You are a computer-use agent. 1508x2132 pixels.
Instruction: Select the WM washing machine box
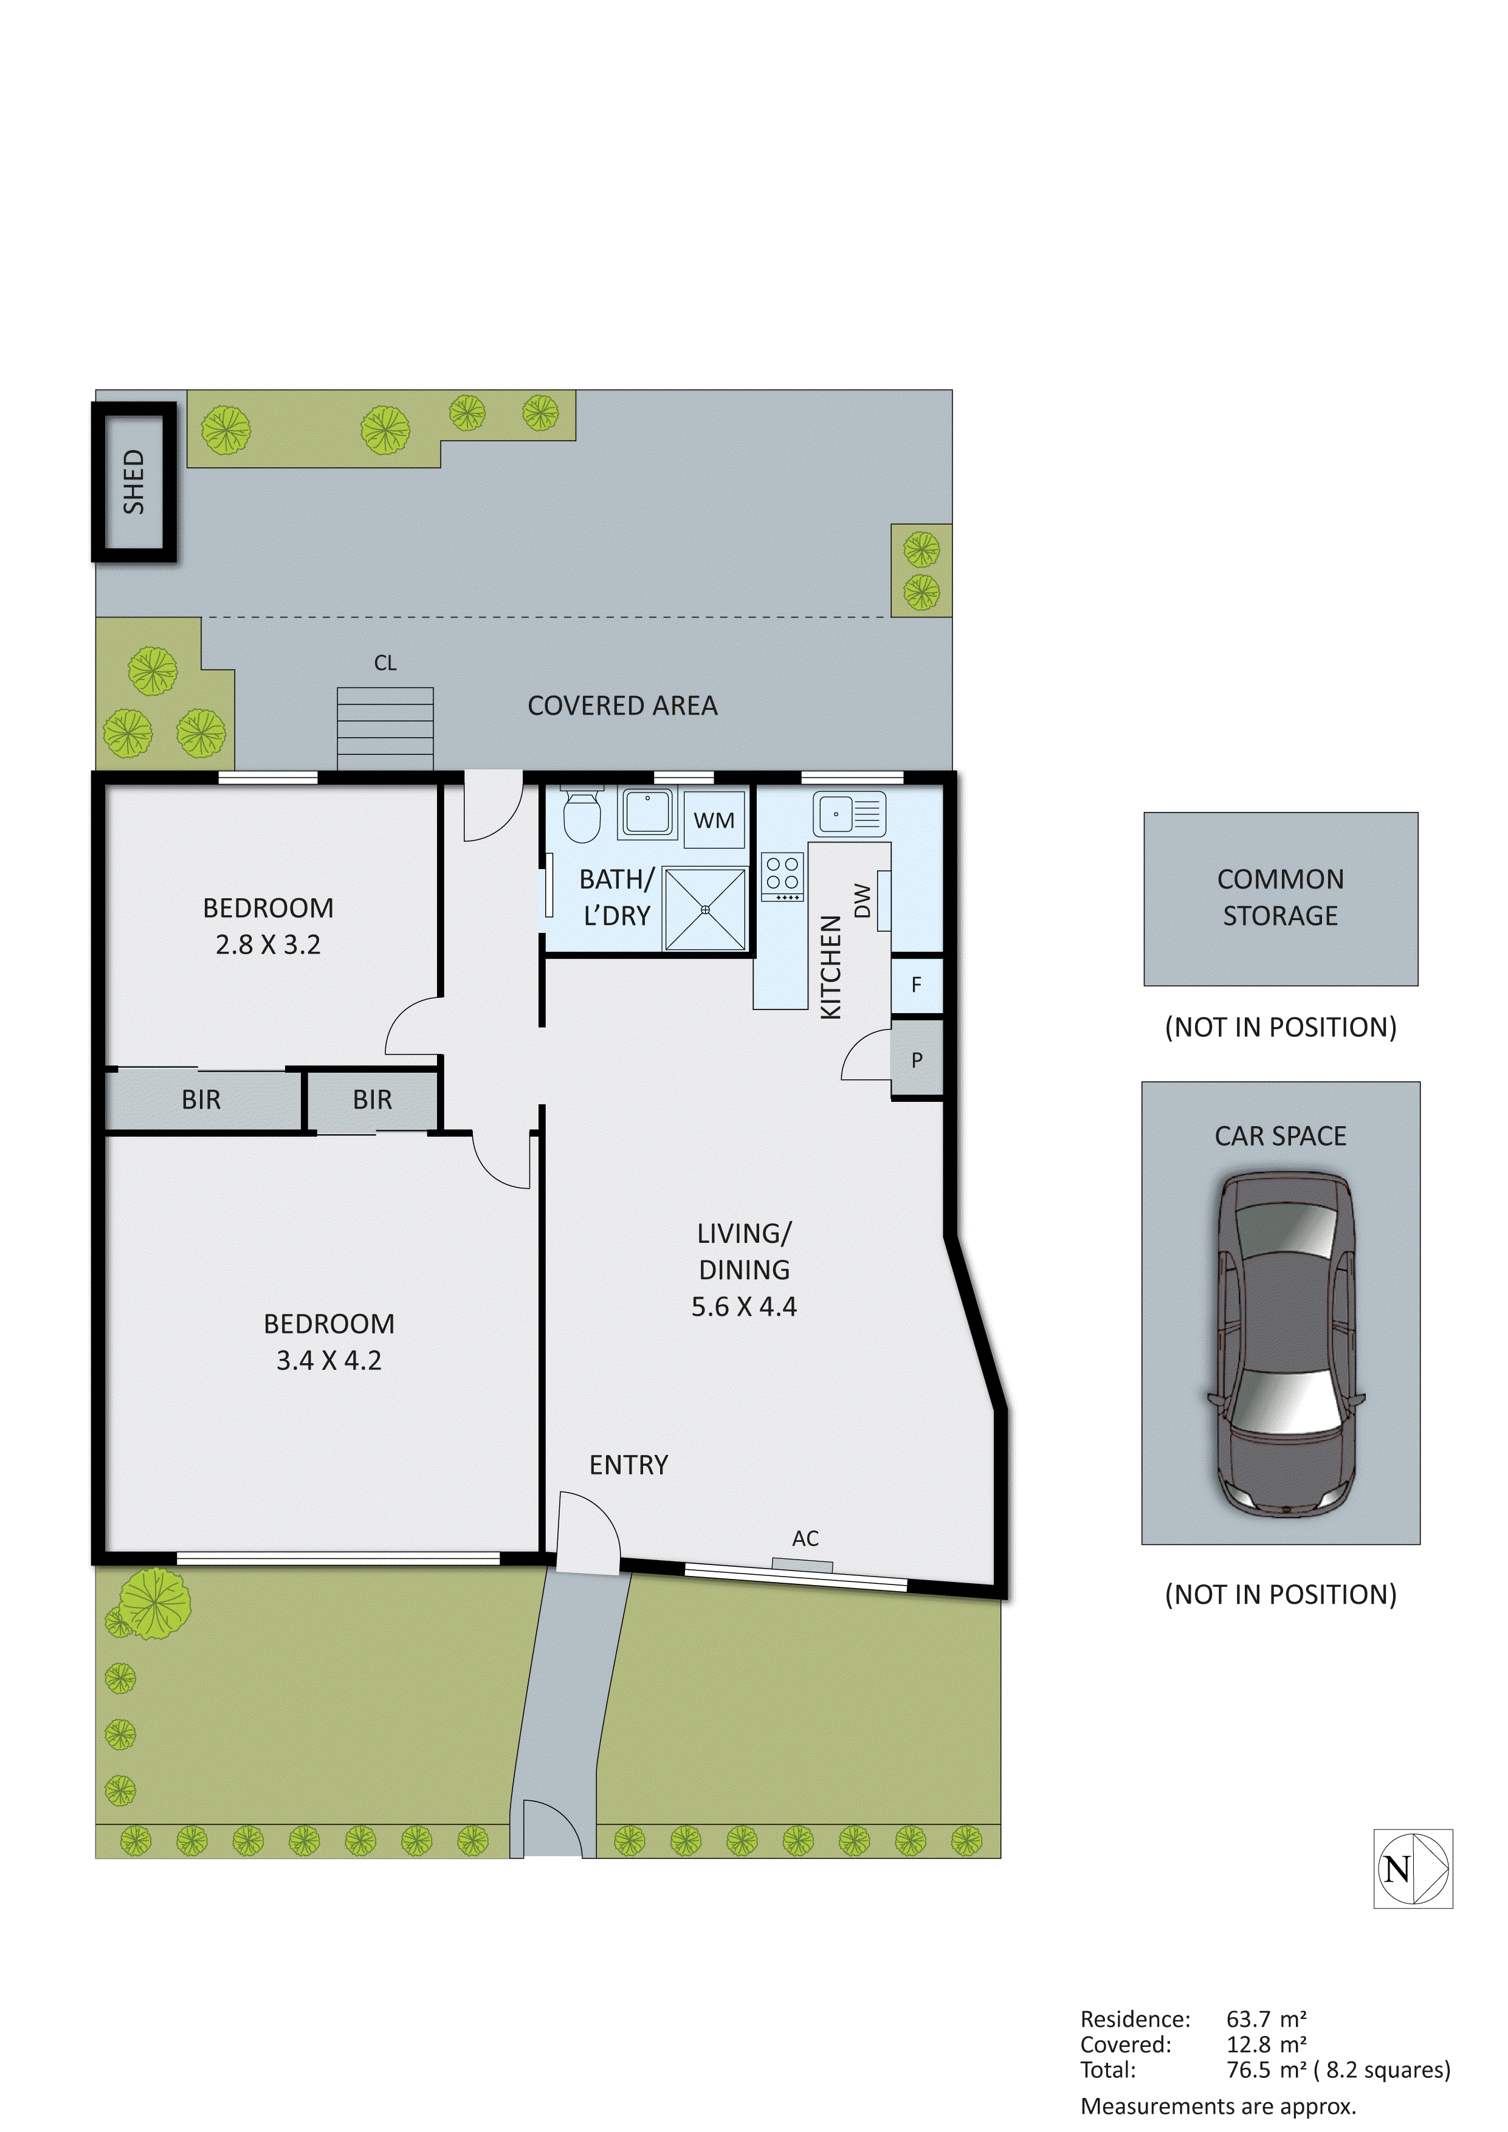pos(714,819)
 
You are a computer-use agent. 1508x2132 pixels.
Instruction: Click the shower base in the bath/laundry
pos(705,909)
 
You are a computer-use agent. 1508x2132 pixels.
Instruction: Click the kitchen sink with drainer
pos(849,814)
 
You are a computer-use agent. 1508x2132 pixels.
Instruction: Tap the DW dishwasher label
pos(862,900)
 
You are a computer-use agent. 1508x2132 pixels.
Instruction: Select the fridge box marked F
pos(917,985)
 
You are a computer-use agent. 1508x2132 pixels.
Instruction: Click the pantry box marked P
pos(917,1059)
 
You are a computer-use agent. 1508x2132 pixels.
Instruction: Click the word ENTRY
pos(628,1465)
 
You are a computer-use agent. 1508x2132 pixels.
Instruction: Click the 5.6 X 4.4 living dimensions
pos(744,1307)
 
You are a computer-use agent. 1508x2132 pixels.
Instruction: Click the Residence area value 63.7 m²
pos(1265,2019)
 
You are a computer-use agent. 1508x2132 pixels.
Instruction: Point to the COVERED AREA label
pos(622,706)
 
